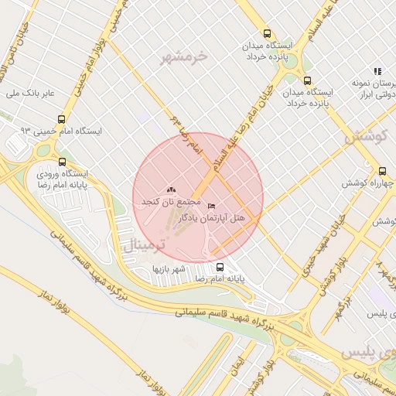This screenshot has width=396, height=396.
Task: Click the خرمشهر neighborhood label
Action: point(185,56)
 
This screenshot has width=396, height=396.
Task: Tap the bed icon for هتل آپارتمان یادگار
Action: point(211,207)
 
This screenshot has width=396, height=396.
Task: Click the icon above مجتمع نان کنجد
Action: point(171,189)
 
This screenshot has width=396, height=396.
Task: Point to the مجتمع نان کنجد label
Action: point(166,201)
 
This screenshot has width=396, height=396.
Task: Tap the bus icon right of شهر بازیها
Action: point(220,267)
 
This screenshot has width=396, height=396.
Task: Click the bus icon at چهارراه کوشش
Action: point(382,172)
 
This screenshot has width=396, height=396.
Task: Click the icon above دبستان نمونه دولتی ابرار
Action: point(377,71)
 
